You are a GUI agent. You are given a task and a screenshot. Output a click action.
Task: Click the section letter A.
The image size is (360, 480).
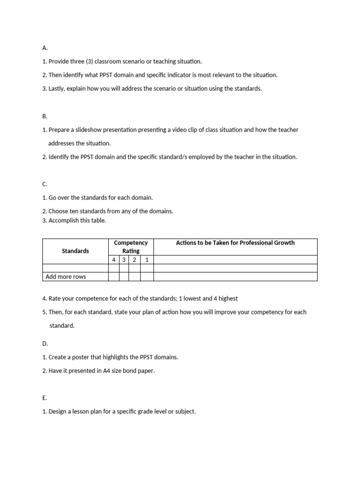(x=45, y=48)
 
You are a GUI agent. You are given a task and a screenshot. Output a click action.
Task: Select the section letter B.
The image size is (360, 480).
(x=45, y=116)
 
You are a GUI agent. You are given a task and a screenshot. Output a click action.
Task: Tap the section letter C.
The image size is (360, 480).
(x=45, y=184)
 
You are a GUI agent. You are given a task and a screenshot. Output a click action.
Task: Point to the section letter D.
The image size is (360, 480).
(x=45, y=344)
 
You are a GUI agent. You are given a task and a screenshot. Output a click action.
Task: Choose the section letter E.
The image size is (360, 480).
(x=45, y=398)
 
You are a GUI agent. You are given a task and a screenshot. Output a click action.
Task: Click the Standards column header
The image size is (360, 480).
(x=75, y=251)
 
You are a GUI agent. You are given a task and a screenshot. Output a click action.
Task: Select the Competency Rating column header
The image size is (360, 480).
(x=131, y=247)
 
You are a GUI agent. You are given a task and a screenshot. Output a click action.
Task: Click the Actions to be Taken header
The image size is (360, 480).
(x=235, y=243)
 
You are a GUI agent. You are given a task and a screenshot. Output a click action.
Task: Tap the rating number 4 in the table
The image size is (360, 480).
(x=113, y=260)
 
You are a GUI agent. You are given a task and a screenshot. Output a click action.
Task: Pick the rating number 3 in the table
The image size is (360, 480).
(x=124, y=260)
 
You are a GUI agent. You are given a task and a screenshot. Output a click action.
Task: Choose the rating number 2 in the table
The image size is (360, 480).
(x=134, y=260)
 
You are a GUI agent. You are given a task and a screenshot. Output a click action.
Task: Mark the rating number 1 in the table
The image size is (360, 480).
(x=147, y=260)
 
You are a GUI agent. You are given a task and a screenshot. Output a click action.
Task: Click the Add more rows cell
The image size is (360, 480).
(x=66, y=277)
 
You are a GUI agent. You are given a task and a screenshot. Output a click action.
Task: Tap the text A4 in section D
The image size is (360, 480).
(x=106, y=371)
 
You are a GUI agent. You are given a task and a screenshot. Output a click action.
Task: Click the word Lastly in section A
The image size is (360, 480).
(x=57, y=89)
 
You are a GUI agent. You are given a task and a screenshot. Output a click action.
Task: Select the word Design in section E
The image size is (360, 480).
(x=58, y=412)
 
